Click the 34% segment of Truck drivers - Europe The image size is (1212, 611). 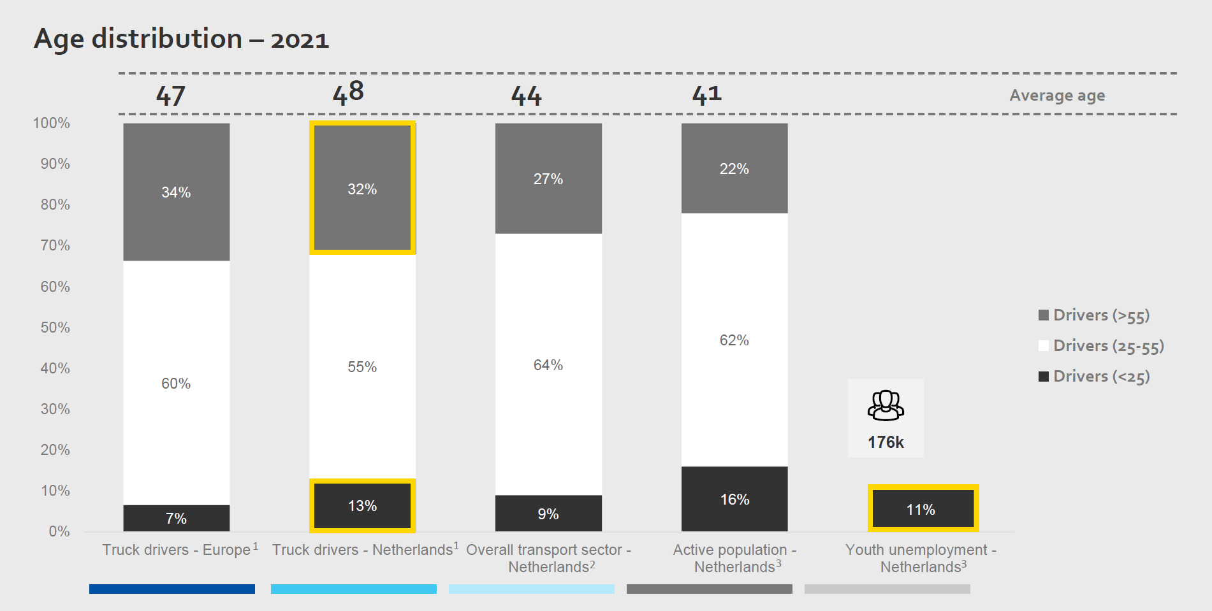pyautogui.click(x=176, y=192)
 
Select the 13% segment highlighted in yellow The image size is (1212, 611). pyautogui.click(x=362, y=506)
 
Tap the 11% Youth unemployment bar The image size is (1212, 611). pyautogui.click(x=923, y=508)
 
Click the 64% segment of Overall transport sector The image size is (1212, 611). pyautogui.click(x=548, y=364)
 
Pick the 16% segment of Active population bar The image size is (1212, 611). pyautogui.click(x=734, y=499)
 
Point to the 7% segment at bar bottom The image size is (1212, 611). pyautogui.click(x=176, y=518)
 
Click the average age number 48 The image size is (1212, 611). pyautogui.click(x=348, y=93)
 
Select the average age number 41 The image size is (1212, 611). pyautogui.click(x=707, y=95)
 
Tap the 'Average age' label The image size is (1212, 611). pyautogui.click(x=1057, y=96)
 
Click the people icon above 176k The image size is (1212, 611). pyautogui.click(x=886, y=406)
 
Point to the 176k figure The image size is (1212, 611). pyautogui.click(x=886, y=442)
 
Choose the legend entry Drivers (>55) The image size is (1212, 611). pyautogui.click(x=1094, y=315)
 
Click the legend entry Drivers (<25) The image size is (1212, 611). pyautogui.click(x=1094, y=377)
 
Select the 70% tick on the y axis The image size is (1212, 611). pyautogui.click(x=55, y=245)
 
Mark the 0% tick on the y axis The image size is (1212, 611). pyautogui.click(x=59, y=531)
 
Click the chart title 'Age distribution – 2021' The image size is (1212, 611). pyautogui.click(x=181, y=39)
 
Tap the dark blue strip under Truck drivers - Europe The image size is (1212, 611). pyautogui.click(x=172, y=589)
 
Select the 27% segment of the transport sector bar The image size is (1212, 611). pyautogui.click(x=548, y=179)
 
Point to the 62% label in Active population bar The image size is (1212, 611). pyautogui.click(x=734, y=340)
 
